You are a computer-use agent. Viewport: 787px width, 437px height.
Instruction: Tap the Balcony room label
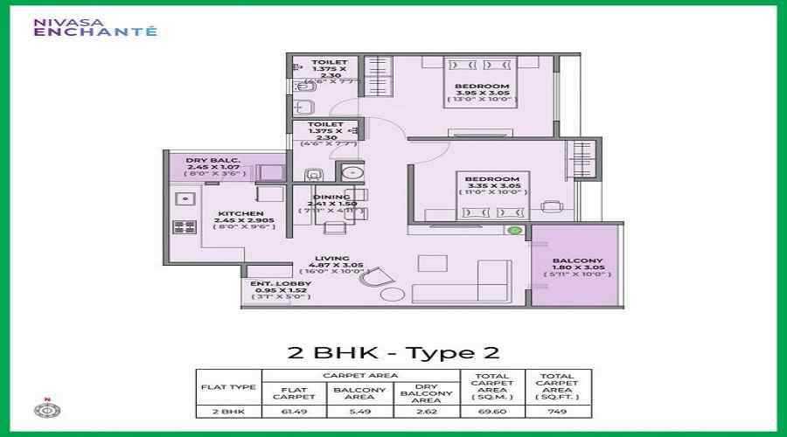pyautogui.click(x=577, y=267)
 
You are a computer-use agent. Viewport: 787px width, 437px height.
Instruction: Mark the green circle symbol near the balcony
pyautogui.click(x=515, y=231)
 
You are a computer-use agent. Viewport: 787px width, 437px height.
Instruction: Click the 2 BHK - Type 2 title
pyautogui.click(x=393, y=353)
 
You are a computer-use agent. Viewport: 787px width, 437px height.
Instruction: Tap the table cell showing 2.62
pyautogui.click(x=427, y=410)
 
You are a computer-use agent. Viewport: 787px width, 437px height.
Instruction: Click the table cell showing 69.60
pyautogui.click(x=492, y=410)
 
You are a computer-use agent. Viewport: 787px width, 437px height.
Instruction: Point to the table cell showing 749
pyautogui.click(x=558, y=410)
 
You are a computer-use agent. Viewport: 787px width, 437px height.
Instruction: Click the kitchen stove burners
pyautogui.click(x=185, y=227)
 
